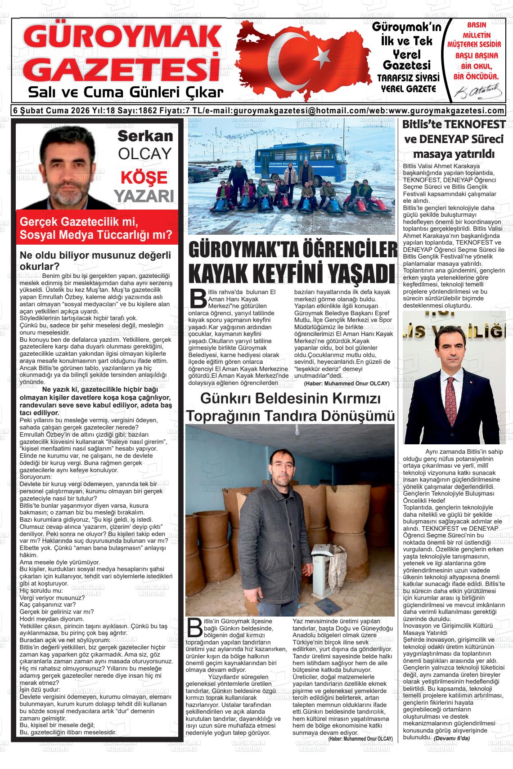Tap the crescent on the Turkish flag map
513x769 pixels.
tap(288, 58)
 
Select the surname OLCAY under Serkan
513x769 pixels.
tap(144, 154)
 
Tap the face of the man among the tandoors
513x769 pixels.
tap(281, 468)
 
